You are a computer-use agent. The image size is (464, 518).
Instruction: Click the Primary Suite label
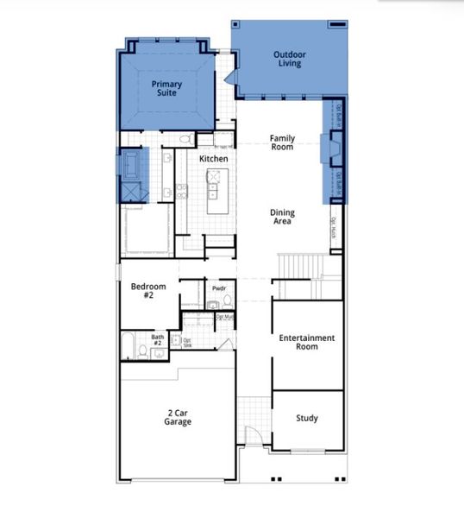pos(166,88)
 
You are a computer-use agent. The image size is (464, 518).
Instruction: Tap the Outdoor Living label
pos(289,59)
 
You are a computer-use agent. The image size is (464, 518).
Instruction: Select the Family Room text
pos(281,142)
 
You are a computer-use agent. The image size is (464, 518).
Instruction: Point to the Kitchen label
pos(214,159)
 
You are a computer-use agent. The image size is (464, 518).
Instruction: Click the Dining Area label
pos(281,217)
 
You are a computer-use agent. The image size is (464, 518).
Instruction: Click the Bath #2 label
pos(158,340)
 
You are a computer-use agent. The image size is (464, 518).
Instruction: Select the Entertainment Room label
pos(307,342)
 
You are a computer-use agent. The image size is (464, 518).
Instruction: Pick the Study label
pos(306,418)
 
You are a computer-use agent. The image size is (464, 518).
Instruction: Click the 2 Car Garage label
pos(178,417)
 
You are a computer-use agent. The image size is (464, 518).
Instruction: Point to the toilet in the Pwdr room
pos(228,301)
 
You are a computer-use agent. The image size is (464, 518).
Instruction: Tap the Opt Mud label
pos(224,317)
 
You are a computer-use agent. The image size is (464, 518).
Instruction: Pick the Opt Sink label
pos(187,342)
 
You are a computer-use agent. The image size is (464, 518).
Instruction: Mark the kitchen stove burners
pos(213,176)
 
